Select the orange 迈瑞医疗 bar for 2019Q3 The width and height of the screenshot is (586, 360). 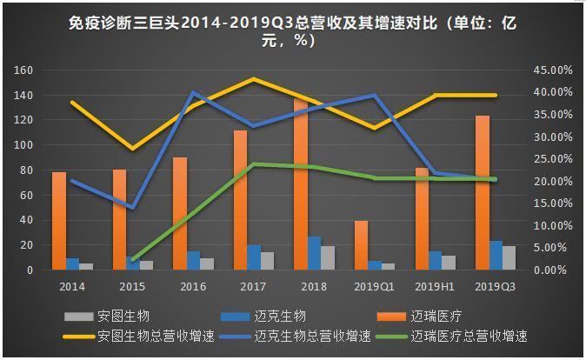(x=483, y=192)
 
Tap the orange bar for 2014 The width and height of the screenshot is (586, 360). (x=59, y=221)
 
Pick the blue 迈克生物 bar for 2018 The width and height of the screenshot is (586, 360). (x=315, y=253)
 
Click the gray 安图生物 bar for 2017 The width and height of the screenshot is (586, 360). (x=268, y=261)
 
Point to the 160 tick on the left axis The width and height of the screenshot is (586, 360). (x=23, y=70)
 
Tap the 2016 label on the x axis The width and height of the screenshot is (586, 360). (x=193, y=286)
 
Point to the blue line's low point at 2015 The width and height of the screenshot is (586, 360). (x=132, y=208)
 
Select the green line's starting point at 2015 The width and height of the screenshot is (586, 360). (x=132, y=260)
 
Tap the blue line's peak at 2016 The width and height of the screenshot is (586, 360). (x=193, y=92)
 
